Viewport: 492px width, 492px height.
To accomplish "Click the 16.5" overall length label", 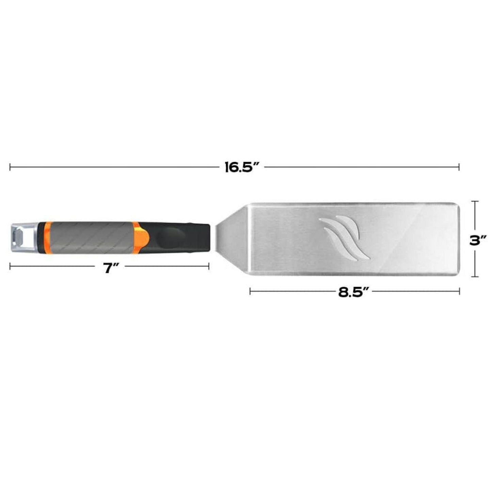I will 242,167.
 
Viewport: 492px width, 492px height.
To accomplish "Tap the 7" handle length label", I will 111,268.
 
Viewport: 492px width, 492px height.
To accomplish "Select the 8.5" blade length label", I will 354,292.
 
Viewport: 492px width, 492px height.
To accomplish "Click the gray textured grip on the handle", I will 90,237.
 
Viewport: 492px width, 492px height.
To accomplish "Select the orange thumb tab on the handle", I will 142,237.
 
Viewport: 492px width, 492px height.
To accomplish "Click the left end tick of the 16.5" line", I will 10,167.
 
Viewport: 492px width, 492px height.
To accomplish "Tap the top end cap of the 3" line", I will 476,202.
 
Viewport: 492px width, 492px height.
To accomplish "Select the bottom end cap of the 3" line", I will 476,276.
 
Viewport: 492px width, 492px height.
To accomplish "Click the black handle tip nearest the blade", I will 204,237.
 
